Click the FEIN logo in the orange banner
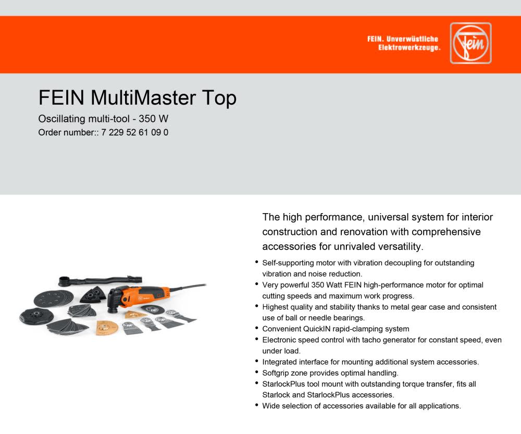pyautogui.click(x=470, y=43)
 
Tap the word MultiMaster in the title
pyautogui.click(x=139, y=98)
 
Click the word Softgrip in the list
pyautogui.click(x=277, y=373)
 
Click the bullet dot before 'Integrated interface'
pyautogui.click(x=257, y=361)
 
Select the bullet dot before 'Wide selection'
pyautogui.click(x=257, y=405)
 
